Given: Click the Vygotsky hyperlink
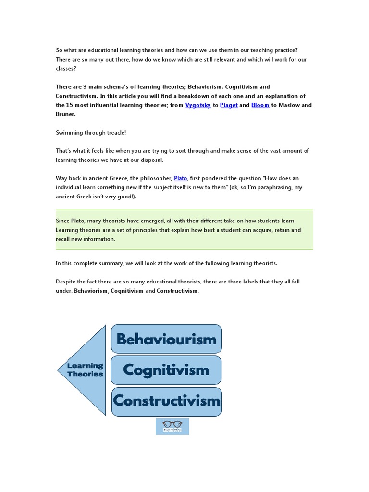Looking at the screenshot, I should click(197, 105).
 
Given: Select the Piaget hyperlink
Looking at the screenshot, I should click(229, 105).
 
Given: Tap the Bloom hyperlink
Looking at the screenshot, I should click(260, 105).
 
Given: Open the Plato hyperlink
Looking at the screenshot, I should click(180, 178).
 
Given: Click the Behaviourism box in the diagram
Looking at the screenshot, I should click(166, 339).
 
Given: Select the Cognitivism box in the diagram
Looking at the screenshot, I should click(166, 370).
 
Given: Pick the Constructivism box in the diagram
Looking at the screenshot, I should click(166, 401).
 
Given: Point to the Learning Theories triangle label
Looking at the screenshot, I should click(86, 370).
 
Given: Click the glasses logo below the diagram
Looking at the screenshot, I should click(172, 426).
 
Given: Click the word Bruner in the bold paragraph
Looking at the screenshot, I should click(64, 114).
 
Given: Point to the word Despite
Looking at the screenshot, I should click(66, 282).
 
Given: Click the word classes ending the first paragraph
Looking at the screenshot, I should click(65, 69).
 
